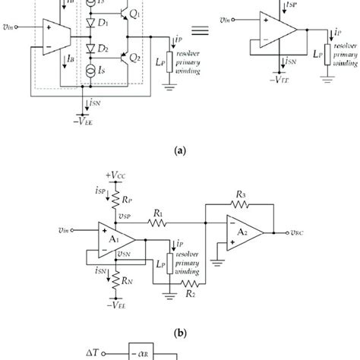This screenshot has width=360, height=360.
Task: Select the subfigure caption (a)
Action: point(180,152)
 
